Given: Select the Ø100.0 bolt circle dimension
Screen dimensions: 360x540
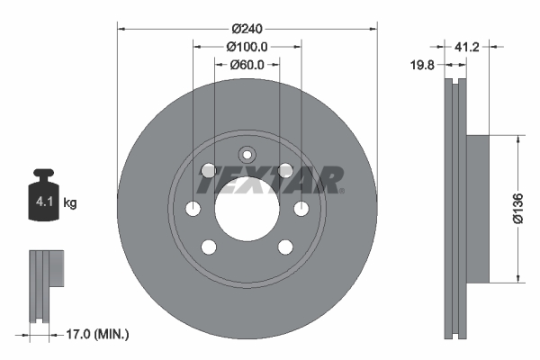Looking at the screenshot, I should click(x=247, y=46).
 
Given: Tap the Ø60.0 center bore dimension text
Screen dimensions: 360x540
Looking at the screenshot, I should click(x=247, y=64).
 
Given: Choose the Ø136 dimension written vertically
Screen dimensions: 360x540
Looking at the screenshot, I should click(x=517, y=209).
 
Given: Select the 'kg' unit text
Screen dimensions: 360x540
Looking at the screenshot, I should click(x=70, y=204).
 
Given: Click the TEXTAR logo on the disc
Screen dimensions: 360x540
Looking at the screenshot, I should click(x=269, y=181).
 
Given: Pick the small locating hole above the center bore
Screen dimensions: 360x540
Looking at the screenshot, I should click(x=247, y=154).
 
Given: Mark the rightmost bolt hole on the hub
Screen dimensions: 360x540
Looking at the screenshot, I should click(x=301, y=209).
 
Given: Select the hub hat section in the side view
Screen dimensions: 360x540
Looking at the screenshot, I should click(x=479, y=209).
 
